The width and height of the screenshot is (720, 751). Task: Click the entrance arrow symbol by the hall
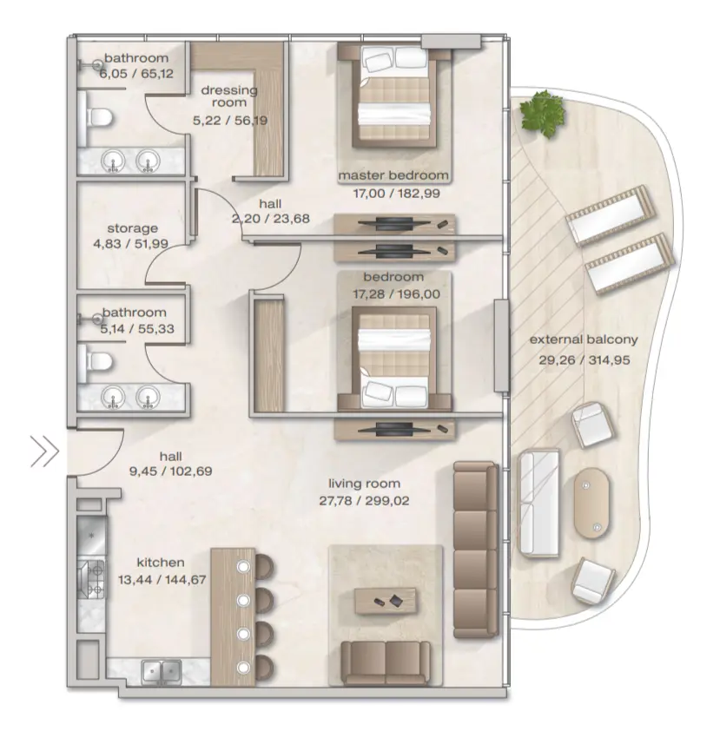click(x=44, y=451)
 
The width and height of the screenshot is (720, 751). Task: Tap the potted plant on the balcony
click(x=540, y=112)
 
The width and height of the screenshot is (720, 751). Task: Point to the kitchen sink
click(x=161, y=671)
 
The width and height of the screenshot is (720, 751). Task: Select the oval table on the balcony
click(x=594, y=504)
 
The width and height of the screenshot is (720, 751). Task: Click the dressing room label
click(x=229, y=96)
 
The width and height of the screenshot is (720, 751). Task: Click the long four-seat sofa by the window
click(x=476, y=538)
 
